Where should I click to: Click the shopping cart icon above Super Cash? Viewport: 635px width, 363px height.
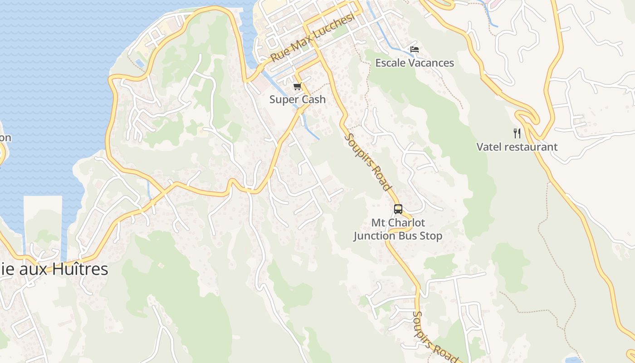pyautogui.click(x=297, y=86)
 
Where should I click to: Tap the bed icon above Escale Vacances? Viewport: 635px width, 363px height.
pyautogui.click(x=414, y=49)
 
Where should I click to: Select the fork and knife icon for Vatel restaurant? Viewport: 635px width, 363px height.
pyautogui.click(x=517, y=133)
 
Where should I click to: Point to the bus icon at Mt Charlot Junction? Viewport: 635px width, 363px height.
pyautogui.click(x=398, y=209)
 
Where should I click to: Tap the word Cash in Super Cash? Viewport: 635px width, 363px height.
pyautogui.click(x=313, y=99)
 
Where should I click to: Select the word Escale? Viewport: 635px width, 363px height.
pyautogui.click(x=390, y=63)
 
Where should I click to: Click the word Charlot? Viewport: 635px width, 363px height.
pyautogui.click(x=406, y=223)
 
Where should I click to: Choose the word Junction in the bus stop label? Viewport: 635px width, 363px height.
pyautogui.click(x=375, y=236)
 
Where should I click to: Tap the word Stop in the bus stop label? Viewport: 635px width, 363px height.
pyautogui.click(x=431, y=236)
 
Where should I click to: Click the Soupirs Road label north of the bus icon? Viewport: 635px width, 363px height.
pyautogui.click(x=368, y=162)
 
